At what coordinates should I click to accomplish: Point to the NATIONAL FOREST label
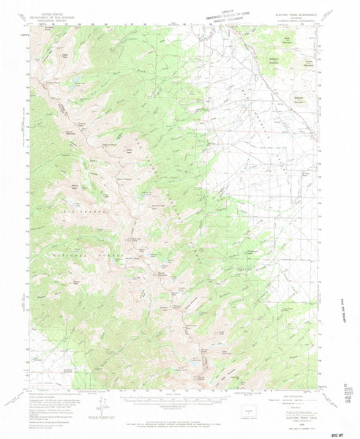pyautogui.click(x=80, y=249)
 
